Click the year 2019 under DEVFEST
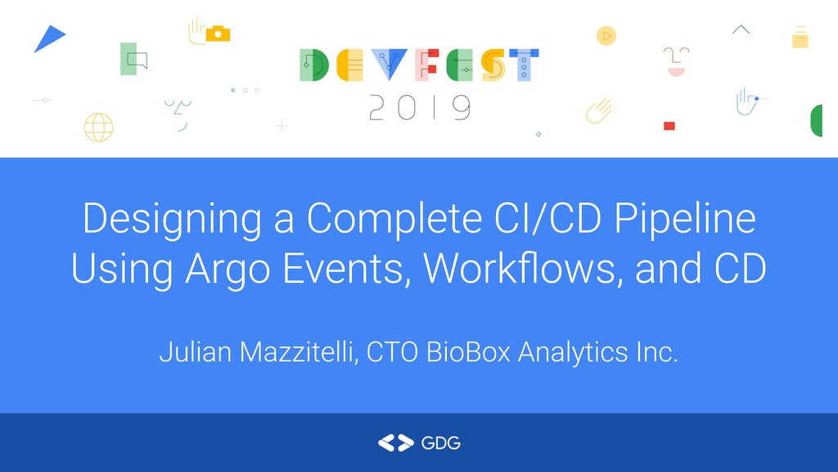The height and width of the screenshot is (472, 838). coord(419,107)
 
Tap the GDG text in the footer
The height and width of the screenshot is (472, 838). coord(440,443)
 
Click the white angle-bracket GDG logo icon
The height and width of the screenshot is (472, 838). coord(395,443)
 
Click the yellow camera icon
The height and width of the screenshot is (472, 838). coord(218,34)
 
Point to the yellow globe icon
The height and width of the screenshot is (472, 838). coord(98,127)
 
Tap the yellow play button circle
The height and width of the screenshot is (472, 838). coord(606,35)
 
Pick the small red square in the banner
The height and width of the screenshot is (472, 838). coord(669,125)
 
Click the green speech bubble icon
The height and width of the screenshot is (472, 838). coord(133,59)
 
